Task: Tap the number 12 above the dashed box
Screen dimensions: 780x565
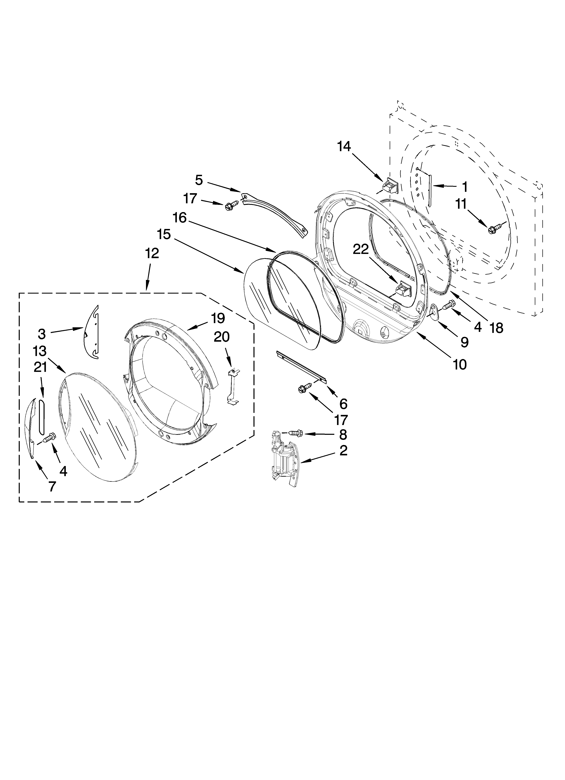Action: (152, 253)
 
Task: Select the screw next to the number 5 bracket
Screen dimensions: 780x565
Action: (229, 206)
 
